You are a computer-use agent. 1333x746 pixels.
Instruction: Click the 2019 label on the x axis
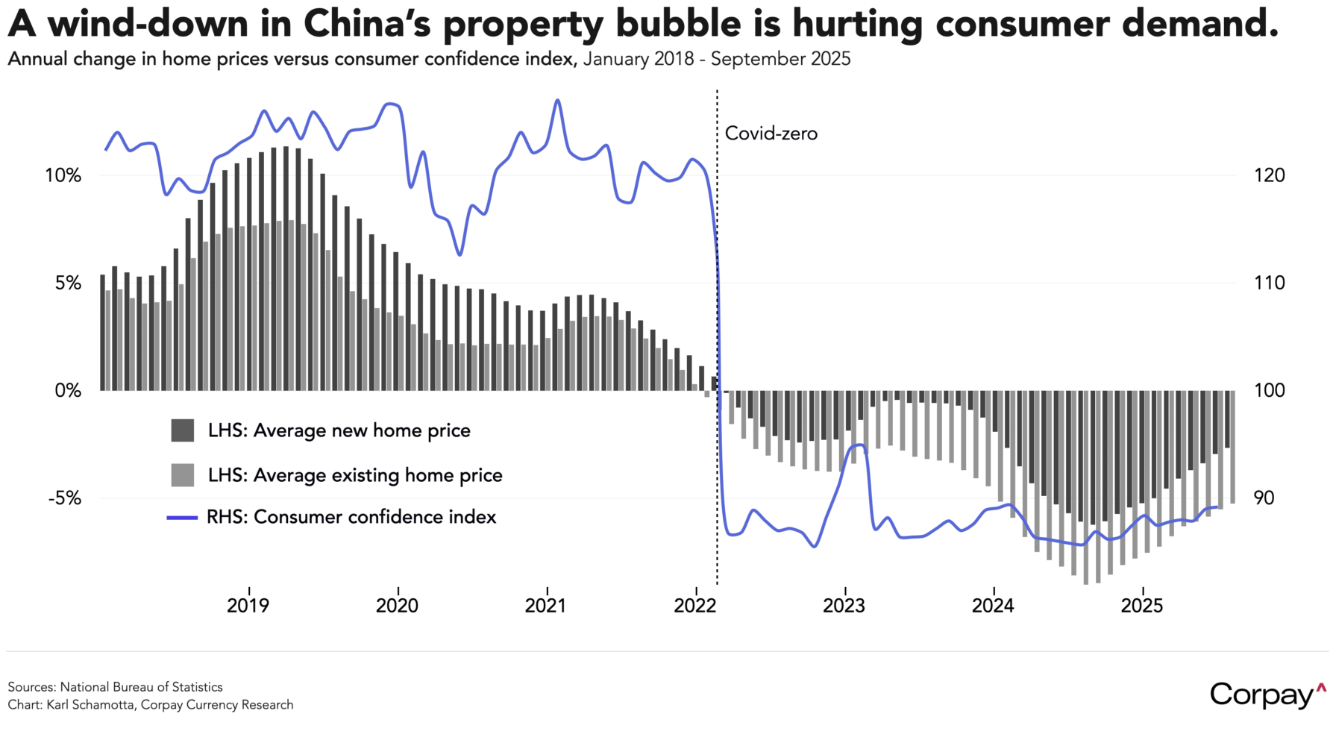248,605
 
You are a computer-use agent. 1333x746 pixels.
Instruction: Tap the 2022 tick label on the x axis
694,605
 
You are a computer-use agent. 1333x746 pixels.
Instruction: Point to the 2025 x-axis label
1141,605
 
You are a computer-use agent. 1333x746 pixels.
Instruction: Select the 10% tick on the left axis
63,176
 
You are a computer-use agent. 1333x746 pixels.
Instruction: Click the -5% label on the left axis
64,498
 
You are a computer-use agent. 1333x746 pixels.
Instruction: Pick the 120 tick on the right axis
1269,176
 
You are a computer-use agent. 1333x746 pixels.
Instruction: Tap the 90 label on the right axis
1264,498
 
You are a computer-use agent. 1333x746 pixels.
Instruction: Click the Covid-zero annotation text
771,134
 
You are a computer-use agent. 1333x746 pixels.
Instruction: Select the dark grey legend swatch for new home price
183,430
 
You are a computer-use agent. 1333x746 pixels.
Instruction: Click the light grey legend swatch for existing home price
183,475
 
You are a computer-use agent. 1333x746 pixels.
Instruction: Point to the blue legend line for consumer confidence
182,517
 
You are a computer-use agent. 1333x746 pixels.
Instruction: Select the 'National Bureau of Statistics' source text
141,687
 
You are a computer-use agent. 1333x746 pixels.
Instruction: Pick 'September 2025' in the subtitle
780,60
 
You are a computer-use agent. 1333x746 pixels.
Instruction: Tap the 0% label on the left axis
68,391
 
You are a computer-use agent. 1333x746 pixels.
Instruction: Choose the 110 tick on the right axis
1269,283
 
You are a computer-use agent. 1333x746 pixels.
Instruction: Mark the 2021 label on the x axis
545,605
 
